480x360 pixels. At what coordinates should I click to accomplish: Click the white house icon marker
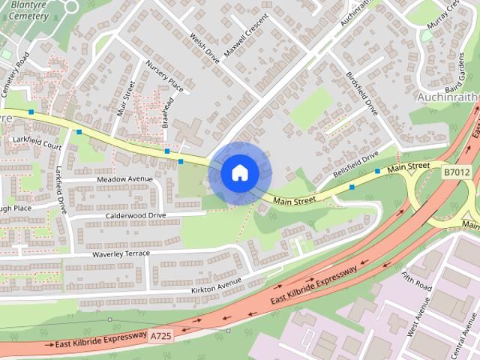(240, 172)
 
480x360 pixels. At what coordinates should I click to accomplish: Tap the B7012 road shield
(456, 172)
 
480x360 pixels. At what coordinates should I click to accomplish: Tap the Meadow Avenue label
(123, 180)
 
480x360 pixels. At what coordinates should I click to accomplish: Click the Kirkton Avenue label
(217, 283)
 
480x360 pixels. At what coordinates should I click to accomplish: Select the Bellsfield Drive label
(356, 159)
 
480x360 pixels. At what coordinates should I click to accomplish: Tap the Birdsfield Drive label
(362, 94)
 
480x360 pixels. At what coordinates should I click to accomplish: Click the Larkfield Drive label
(61, 190)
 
